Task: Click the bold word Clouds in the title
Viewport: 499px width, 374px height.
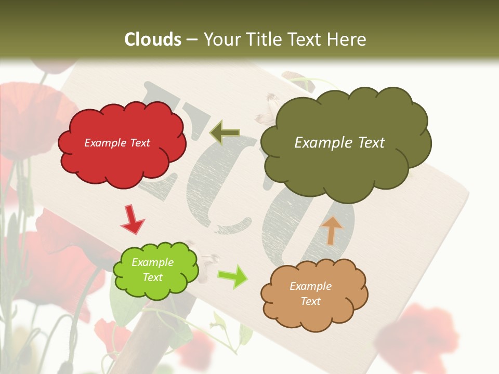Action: (x=153, y=39)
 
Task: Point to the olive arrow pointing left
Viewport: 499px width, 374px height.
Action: (x=225, y=132)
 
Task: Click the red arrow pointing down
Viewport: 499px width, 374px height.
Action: (x=133, y=219)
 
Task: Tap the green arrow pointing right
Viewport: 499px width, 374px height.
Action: (x=232, y=276)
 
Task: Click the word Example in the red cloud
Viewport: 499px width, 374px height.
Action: (x=103, y=143)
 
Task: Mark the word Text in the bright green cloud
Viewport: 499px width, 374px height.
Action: (x=153, y=277)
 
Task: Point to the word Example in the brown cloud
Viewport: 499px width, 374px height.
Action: (x=310, y=286)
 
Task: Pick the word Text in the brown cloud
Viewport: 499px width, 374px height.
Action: (x=310, y=301)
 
